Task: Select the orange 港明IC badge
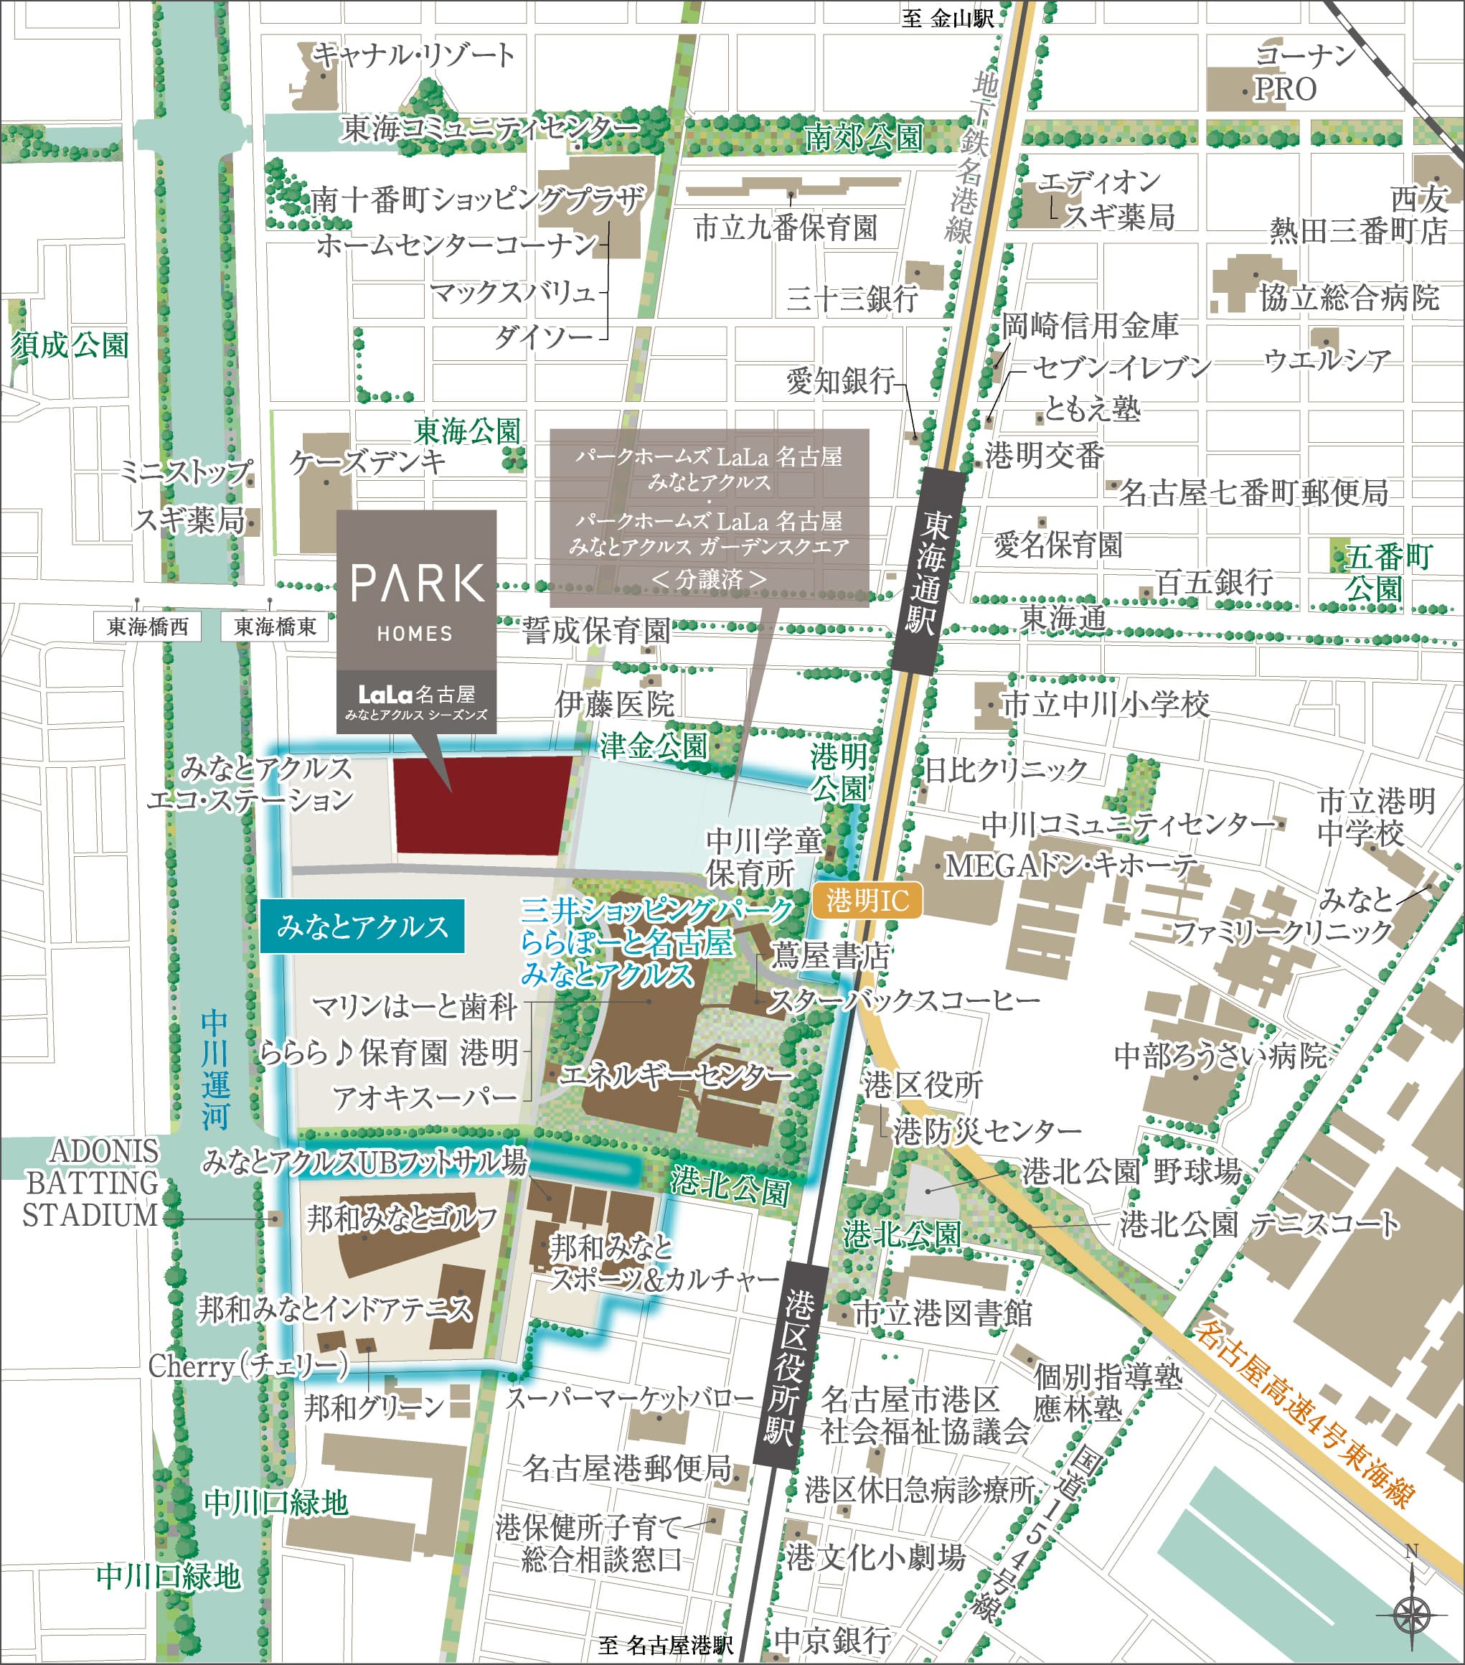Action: click(x=867, y=900)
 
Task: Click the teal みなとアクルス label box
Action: click(x=363, y=927)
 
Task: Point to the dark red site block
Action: click(x=482, y=805)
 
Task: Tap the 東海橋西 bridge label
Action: click(x=147, y=627)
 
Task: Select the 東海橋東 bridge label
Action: click(x=275, y=627)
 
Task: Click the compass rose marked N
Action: click(x=1413, y=1613)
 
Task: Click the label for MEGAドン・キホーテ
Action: click(x=1071, y=866)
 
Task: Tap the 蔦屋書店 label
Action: click(x=830, y=955)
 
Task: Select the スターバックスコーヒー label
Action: click(x=904, y=1001)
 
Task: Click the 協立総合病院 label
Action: click(x=1349, y=297)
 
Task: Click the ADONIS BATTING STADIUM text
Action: click(x=90, y=1183)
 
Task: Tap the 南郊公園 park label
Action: click(x=863, y=138)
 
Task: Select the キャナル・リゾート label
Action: click(x=415, y=55)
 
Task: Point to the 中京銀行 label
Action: click(x=832, y=1639)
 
